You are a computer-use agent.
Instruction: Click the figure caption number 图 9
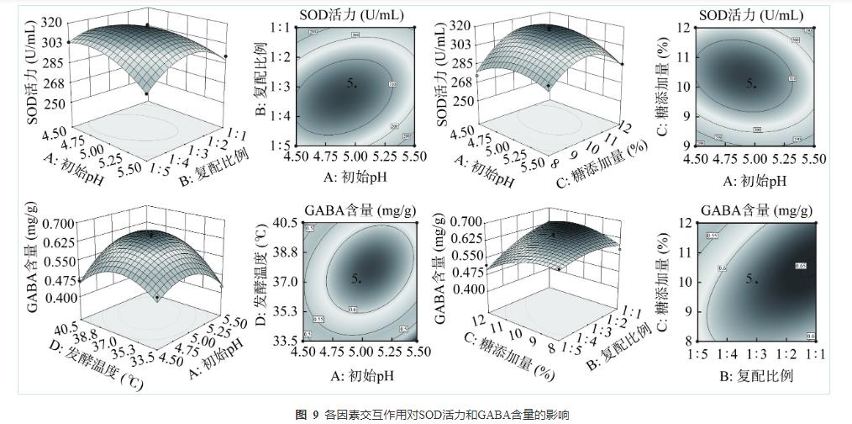tap(305, 415)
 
